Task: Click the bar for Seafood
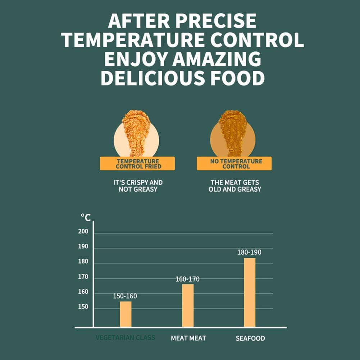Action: tap(250, 292)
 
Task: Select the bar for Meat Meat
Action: tap(188, 305)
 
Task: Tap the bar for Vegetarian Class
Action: tap(126, 314)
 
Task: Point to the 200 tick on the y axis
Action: tap(83, 232)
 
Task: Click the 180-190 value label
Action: tap(249, 252)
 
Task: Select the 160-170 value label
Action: tap(187, 279)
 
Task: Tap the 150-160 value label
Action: tap(125, 296)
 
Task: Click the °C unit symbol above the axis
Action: tap(86, 217)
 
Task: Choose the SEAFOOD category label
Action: tap(250, 338)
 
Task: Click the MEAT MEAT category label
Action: tap(188, 338)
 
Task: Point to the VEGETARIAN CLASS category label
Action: tap(125, 338)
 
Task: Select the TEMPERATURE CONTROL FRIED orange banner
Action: tap(137, 164)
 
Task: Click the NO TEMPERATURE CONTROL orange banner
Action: tap(234, 164)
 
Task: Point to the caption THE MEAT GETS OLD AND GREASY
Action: tap(234, 186)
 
